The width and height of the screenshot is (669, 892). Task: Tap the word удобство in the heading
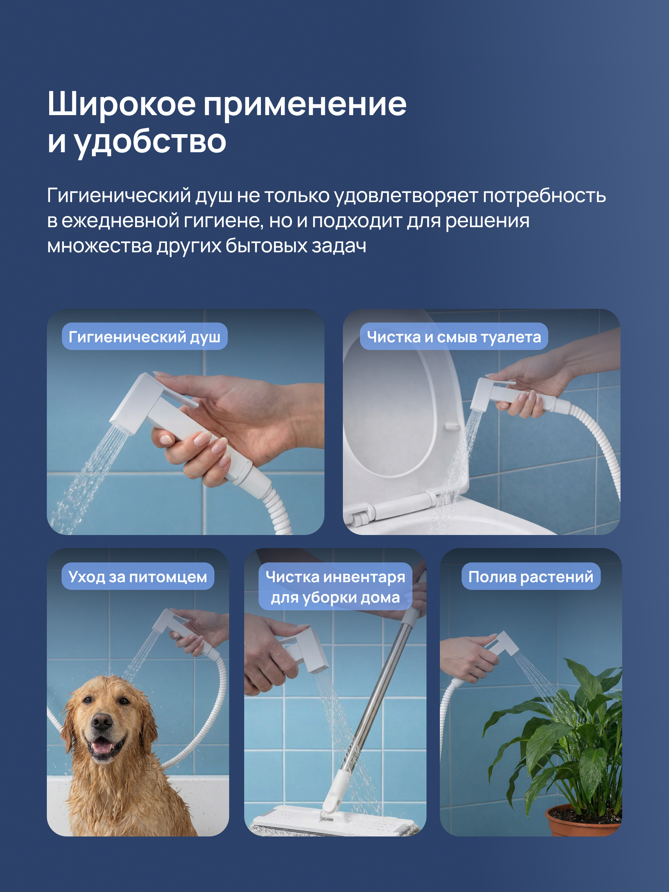click(x=151, y=142)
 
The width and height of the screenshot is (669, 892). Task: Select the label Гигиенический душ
click(x=145, y=336)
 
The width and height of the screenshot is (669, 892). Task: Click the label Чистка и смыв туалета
click(x=454, y=336)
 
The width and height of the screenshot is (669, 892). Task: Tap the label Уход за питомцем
click(x=137, y=576)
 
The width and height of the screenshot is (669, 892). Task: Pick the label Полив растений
click(x=531, y=576)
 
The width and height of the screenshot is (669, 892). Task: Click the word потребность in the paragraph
click(x=544, y=196)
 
